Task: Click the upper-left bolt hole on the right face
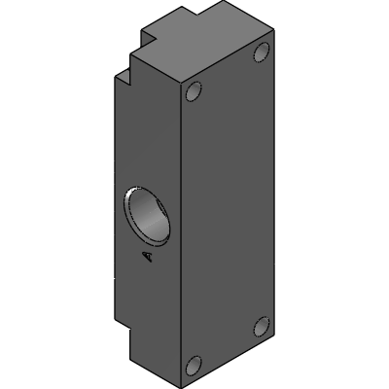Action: [194, 91]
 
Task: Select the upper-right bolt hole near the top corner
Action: [262, 52]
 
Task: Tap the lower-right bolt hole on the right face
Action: [262, 327]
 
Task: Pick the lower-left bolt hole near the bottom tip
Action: [194, 366]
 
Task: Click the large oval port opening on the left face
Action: [147, 217]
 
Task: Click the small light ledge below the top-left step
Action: [123, 78]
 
